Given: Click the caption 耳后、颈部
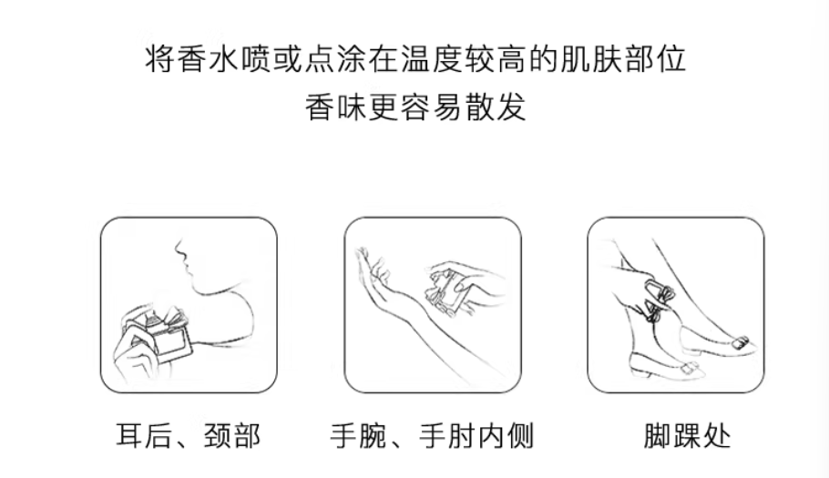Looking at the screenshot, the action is click(x=189, y=436).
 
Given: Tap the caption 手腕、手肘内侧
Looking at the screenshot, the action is click(x=432, y=436).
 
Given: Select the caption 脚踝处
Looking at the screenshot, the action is click(x=687, y=436).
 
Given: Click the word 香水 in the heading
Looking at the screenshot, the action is click(x=208, y=58).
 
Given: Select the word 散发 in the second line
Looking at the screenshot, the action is click(x=495, y=107).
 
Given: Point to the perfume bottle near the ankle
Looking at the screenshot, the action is click(x=659, y=299).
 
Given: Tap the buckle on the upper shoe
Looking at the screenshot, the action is click(x=740, y=342).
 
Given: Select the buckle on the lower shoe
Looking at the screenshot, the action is click(x=692, y=369).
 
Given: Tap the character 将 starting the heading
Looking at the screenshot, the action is click(x=160, y=58).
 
